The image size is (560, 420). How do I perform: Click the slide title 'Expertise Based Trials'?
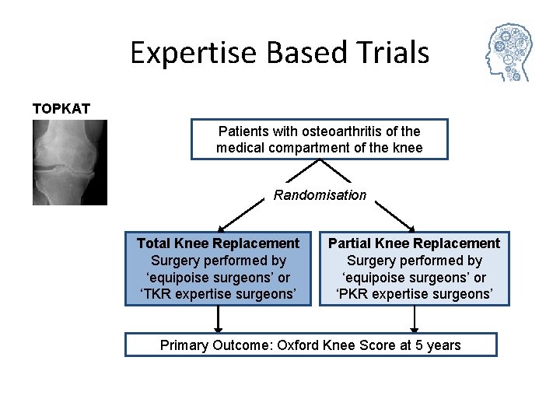click(x=279, y=53)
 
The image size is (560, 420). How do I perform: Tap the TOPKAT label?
click(x=61, y=108)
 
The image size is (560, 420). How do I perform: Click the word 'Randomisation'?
click(x=320, y=195)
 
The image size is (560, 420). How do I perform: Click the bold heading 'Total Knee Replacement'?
click(x=218, y=243)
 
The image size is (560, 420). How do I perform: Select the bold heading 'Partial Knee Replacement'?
click(x=414, y=243)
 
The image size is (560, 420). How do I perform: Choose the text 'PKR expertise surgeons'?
click(x=414, y=295)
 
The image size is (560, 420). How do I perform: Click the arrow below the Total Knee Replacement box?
click(x=219, y=320)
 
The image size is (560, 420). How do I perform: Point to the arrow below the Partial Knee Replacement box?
click(x=414, y=320)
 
